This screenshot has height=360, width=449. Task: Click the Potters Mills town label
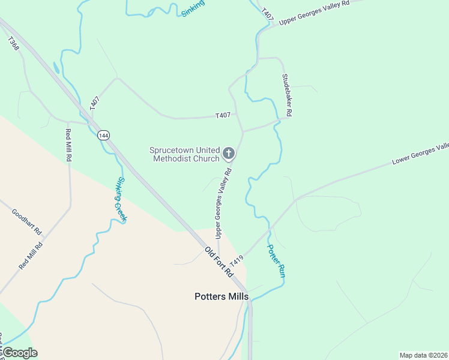tap(221, 296)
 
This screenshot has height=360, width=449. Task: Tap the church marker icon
tap(228, 154)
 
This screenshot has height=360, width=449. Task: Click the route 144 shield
tap(103, 136)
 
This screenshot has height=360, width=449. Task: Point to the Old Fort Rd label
tap(218, 261)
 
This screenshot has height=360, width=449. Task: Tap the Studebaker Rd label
tap(288, 95)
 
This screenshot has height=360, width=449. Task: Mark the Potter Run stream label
tap(275, 260)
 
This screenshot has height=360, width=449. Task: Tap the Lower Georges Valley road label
tap(420, 154)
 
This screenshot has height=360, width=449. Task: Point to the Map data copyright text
tap(423, 355)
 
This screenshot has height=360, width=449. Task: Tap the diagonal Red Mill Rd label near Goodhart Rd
tap(31, 254)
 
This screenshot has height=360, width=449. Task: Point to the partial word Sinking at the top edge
tap(193, 8)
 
